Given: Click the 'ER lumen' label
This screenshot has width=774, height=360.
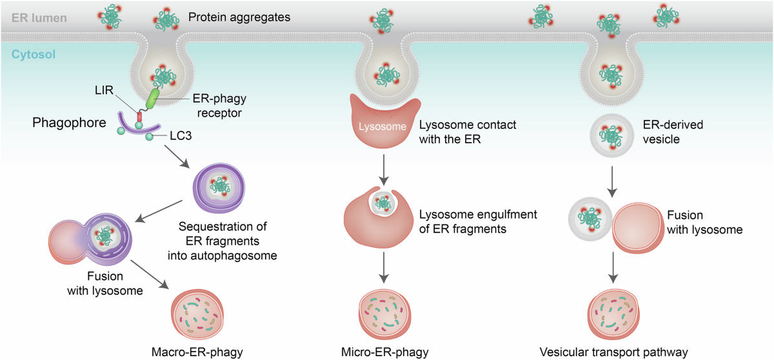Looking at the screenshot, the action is point(39,18).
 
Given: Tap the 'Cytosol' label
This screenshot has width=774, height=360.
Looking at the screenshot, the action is point(33,55).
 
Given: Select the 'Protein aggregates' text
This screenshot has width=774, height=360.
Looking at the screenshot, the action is point(239,17).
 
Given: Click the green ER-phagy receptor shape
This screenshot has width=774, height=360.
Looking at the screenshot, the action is point(152,99).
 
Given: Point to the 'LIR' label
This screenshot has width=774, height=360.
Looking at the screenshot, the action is point(104,90).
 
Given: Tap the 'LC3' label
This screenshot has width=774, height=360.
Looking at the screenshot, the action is point(181,135).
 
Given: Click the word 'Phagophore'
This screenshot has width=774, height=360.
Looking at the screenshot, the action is point(69,123).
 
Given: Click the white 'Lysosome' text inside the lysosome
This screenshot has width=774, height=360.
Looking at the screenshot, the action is point(382,126).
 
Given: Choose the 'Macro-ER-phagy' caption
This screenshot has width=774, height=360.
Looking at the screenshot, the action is point(197,352).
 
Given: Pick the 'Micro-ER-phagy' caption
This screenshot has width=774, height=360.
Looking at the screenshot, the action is point(384,352).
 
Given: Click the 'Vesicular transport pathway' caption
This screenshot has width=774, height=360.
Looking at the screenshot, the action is point(613,352).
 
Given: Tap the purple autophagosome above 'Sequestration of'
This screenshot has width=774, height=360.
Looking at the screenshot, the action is point(219,188).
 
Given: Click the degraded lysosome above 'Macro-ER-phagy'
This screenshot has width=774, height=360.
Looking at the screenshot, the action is point(197,315).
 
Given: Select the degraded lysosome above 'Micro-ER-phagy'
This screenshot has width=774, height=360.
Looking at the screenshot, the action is point(384,315).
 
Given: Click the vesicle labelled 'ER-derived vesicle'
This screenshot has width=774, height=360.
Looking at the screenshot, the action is point(611,135).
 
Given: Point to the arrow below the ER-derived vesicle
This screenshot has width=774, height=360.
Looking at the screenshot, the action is point(612,182).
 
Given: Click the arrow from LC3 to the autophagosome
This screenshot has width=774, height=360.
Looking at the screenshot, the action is point(177,157).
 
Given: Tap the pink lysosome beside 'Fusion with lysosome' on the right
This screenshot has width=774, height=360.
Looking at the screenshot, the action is point(638,228).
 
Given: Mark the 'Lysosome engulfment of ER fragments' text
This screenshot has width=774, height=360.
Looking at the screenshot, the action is point(478,222).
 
